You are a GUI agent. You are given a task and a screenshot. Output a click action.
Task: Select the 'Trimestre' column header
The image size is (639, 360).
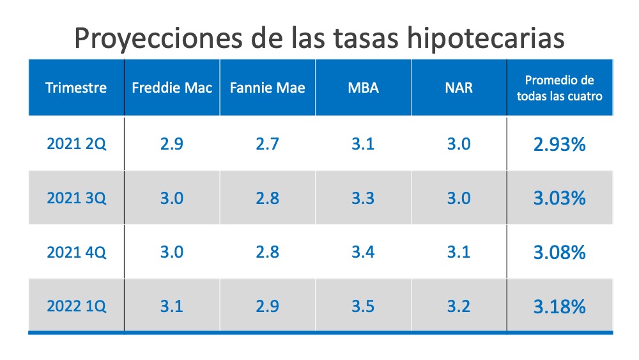[x=76, y=88]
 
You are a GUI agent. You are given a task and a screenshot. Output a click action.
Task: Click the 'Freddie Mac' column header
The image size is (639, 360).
[x=172, y=88]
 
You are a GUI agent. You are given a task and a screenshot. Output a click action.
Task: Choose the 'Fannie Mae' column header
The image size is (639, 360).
[x=267, y=88]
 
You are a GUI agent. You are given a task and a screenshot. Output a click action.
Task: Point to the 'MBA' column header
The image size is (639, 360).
[x=363, y=88]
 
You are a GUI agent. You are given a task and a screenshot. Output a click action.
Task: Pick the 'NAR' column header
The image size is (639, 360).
[x=458, y=88]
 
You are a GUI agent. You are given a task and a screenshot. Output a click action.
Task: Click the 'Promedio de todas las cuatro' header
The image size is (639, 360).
[x=559, y=88]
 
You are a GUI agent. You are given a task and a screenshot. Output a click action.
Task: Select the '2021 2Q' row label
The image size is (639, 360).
[x=76, y=144]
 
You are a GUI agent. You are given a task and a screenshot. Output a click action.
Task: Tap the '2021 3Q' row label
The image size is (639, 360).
[x=76, y=198]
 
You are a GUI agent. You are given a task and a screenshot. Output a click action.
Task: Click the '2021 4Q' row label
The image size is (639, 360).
[x=76, y=252]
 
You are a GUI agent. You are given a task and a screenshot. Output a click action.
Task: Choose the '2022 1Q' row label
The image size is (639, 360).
[x=76, y=306]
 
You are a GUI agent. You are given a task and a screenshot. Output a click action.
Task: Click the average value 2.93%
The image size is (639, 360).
[x=559, y=145]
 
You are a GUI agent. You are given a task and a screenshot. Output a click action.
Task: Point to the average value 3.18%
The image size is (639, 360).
[x=559, y=307]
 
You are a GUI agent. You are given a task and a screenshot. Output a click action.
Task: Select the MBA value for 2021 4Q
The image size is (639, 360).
[x=363, y=252]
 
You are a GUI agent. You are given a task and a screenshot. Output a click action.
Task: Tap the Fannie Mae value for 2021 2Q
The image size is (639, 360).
[x=267, y=144]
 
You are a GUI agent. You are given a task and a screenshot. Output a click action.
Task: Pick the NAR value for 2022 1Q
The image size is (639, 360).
[x=458, y=306]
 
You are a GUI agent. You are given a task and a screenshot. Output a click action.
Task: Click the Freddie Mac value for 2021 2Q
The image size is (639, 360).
[x=172, y=144]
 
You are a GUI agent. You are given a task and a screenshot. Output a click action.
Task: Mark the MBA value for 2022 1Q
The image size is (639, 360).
[x=363, y=306]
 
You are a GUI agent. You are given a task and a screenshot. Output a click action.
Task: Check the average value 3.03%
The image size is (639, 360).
[x=559, y=198]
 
